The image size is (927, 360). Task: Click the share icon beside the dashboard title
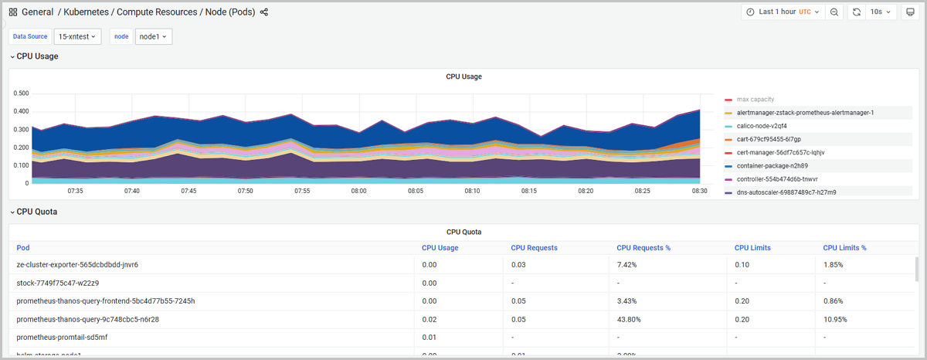[264, 12]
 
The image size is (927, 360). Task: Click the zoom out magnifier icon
[834, 12]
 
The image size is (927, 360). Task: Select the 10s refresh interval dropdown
[881, 12]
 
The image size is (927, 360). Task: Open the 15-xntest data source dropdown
[77, 36]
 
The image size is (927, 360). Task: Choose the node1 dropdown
[153, 36]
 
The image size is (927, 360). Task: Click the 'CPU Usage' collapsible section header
[37, 56]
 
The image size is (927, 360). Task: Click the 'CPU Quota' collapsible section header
[36, 212]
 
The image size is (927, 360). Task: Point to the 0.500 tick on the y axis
[22, 93]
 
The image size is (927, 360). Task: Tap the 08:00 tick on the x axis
[358, 191]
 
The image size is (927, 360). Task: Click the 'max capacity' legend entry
[754, 100]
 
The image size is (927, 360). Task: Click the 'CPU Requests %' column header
[643, 248]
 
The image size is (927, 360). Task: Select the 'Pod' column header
[22, 248]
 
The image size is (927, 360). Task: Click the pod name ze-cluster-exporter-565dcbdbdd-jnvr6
[77, 264]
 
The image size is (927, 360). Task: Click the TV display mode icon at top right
[909, 12]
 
